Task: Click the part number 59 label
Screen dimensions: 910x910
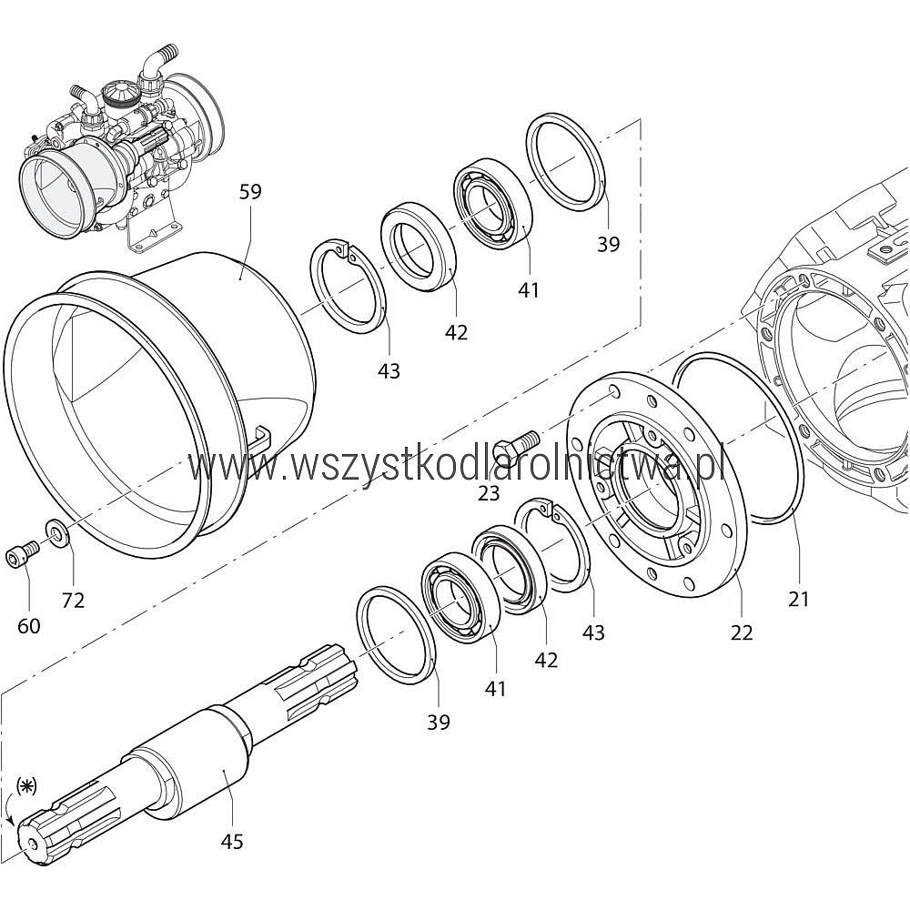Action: [250, 191]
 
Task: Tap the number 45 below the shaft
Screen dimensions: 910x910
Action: [232, 841]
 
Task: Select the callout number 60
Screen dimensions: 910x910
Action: [29, 626]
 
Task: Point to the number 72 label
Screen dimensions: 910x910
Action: [73, 600]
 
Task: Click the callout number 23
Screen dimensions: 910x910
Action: [489, 492]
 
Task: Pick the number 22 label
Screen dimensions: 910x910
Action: [742, 632]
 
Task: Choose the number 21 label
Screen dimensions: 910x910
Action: [799, 599]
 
